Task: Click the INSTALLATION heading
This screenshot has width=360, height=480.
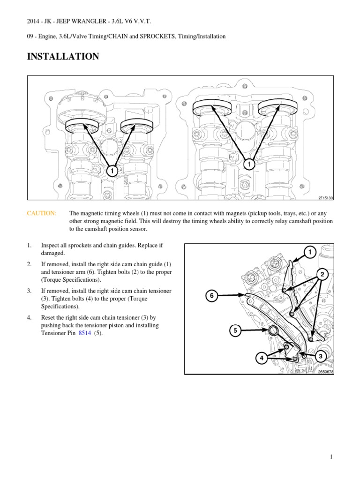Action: pyautogui.click(x=63, y=56)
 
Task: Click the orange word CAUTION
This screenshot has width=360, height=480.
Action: pyautogui.click(x=42, y=213)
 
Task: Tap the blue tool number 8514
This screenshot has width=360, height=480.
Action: pyautogui.click(x=85, y=333)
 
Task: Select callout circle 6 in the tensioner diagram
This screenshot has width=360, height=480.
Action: pyautogui.click(x=211, y=296)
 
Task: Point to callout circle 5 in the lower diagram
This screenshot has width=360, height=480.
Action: pyautogui.click(x=235, y=330)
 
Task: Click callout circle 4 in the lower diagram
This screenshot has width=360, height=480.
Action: pyautogui.click(x=262, y=358)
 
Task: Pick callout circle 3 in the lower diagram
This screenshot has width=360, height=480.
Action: pyautogui.click(x=321, y=356)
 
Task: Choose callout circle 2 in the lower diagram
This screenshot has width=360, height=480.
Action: pyautogui.click(x=322, y=274)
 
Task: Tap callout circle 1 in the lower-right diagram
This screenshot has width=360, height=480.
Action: pyautogui.click(x=310, y=252)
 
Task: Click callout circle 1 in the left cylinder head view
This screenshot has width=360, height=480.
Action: pyautogui.click(x=112, y=171)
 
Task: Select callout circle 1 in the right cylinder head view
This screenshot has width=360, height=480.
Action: pyautogui.click(x=249, y=165)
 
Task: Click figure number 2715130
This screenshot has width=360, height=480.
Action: pyautogui.click(x=326, y=198)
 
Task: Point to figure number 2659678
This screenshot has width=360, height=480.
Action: pyautogui.click(x=326, y=372)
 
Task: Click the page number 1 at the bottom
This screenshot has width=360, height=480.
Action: pyautogui.click(x=331, y=457)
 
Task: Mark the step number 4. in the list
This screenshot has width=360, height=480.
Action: pyautogui.click(x=29, y=317)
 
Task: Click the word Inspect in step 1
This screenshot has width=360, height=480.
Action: pyautogui.click(x=51, y=246)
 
